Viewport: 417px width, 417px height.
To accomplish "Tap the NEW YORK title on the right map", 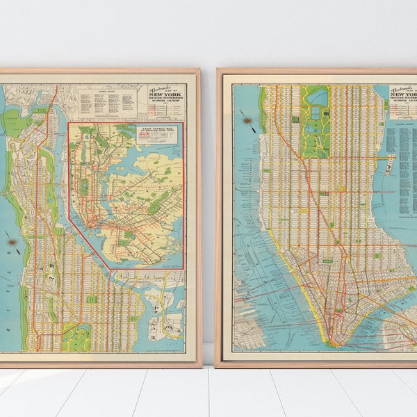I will point(405,98).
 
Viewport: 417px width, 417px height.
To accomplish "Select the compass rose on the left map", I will point(13,242).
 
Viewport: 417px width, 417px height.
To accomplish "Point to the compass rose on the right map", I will point(247,121).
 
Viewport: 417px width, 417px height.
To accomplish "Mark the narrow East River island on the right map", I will point(389,164).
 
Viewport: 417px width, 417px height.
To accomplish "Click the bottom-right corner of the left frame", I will point(200,366).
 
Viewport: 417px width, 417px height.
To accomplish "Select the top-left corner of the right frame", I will point(218,69).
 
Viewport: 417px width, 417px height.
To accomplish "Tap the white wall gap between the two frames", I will point(208,208).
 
